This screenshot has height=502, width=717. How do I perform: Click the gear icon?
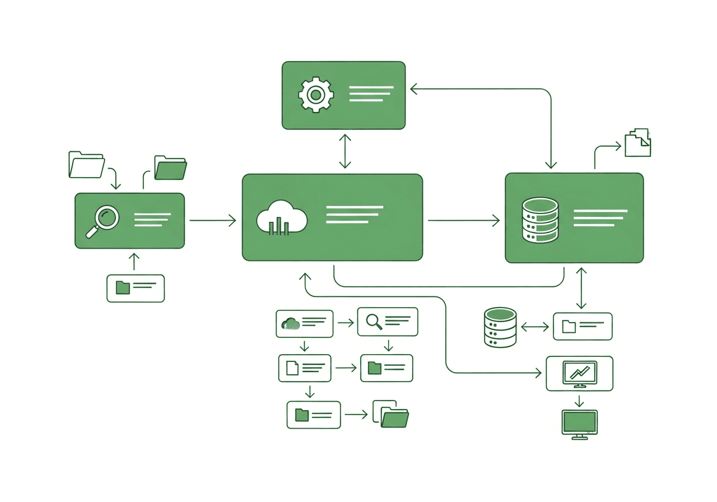[316, 95]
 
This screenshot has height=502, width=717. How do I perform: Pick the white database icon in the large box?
[540, 220]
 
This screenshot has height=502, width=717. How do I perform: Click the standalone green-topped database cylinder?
[499, 327]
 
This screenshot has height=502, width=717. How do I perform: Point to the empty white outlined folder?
[86, 165]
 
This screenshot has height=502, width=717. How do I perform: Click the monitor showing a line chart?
[579, 372]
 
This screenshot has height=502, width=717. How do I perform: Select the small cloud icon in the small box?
[290, 323]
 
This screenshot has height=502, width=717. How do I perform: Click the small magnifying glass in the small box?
[373, 321]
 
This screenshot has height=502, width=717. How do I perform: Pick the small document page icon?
[292, 368]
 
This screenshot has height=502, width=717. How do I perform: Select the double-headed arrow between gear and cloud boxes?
[345, 151]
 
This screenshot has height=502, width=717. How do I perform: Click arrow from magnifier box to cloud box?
[212, 221]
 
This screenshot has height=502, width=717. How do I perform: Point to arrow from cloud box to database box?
[463, 221]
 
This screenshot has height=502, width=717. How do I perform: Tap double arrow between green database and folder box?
[534, 327]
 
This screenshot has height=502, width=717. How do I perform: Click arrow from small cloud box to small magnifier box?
[346, 323]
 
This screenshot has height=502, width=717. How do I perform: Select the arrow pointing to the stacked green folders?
[356, 415]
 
